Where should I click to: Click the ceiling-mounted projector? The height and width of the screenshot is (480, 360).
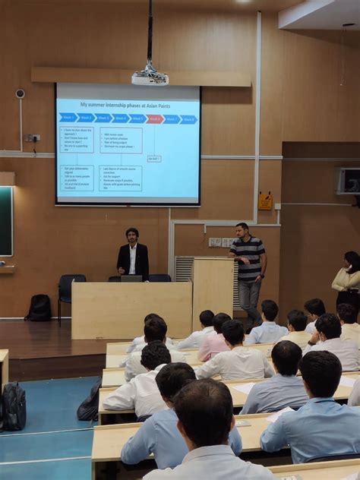(x=150, y=77)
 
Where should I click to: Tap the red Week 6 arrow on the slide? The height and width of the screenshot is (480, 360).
(x=155, y=118)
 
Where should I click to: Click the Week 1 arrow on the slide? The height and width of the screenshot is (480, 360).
(x=67, y=118)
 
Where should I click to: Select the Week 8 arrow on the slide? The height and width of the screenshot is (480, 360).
(x=188, y=119)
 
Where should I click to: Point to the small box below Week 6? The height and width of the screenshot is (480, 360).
(x=154, y=159)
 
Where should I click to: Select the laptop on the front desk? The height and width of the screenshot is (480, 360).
(x=131, y=278)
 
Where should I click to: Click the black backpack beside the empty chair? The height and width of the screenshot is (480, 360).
(x=39, y=308)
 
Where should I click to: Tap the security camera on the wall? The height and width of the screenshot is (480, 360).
(x=20, y=93)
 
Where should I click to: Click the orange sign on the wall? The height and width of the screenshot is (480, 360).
(x=265, y=201)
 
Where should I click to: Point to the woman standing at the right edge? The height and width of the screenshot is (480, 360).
(x=348, y=277)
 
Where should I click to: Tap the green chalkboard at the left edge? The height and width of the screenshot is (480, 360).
(x=5, y=220)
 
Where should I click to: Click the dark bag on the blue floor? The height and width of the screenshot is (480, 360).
(x=14, y=406)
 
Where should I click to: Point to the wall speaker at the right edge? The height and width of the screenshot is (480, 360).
(x=348, y=181)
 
